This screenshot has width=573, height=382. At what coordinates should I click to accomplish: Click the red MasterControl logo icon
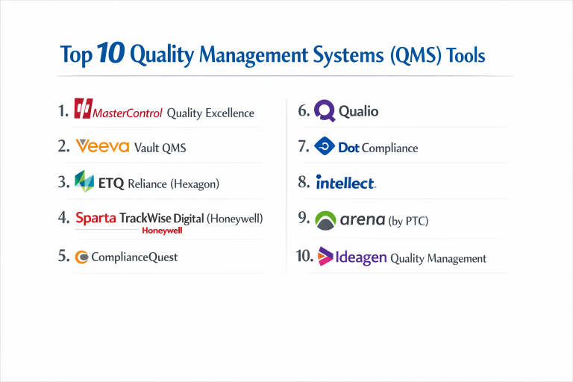(x=82, y=109)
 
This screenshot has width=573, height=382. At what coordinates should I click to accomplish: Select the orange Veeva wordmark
(x=102, y=146)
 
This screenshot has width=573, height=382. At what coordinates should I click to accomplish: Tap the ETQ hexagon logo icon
(x=85, y=181)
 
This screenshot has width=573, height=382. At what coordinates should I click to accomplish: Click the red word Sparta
(x=96, y=219)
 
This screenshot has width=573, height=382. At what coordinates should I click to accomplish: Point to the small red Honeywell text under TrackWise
(x=162, y=231)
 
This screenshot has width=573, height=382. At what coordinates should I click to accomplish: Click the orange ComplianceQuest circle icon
(x=82, y=257)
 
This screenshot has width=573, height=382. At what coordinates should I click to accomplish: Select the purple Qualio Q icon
(x=325, y=111)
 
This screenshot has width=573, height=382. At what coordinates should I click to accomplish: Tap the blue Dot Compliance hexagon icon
(x=325, y=147)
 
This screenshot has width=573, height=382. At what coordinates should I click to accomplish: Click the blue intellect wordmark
(x=345, y=183)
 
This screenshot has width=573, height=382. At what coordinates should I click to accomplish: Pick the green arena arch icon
(x=325, y=220)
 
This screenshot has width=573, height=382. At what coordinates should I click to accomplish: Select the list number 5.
(x=63, y=256)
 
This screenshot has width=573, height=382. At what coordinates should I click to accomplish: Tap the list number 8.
(x=303, y=182)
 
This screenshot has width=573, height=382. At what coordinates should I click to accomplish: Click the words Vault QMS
(x=160, y=148)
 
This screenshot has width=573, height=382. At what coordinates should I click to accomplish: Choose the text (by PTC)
(x=408, y=222)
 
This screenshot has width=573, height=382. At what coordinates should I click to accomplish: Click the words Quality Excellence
(x=210, y=113)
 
